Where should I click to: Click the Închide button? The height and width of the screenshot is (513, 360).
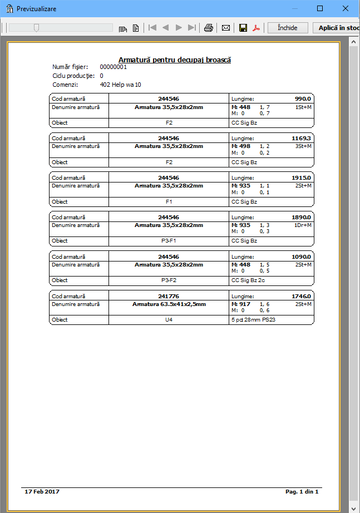[288, 28]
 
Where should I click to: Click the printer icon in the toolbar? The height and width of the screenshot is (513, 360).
[209, 28]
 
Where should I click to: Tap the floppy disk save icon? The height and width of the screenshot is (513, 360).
[243, 28]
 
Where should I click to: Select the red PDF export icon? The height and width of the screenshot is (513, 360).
[257, 28]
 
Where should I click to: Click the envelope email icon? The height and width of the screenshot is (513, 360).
[226, 28]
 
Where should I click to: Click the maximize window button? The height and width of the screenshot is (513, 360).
[320, 8]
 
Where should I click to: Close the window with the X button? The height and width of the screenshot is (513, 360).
[346, 8]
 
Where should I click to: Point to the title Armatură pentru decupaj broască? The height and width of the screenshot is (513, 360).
[175, 60]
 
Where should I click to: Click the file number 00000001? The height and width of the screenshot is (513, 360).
[114, 67]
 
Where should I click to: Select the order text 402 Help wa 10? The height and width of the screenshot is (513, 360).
[121, 85]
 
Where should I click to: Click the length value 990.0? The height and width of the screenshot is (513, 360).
[303, 98]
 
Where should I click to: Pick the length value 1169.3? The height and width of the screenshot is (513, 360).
[302, 138]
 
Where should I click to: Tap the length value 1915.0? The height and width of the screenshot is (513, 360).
[302, 177]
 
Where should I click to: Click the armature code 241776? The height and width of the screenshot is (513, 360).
[169, 296]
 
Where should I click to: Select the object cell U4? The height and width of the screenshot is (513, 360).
[169, 320]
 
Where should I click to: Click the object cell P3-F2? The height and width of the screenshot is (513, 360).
[169, 280]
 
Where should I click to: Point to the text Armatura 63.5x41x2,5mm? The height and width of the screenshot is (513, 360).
[169, 304]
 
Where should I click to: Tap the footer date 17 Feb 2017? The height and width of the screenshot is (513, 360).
[42, 492]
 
